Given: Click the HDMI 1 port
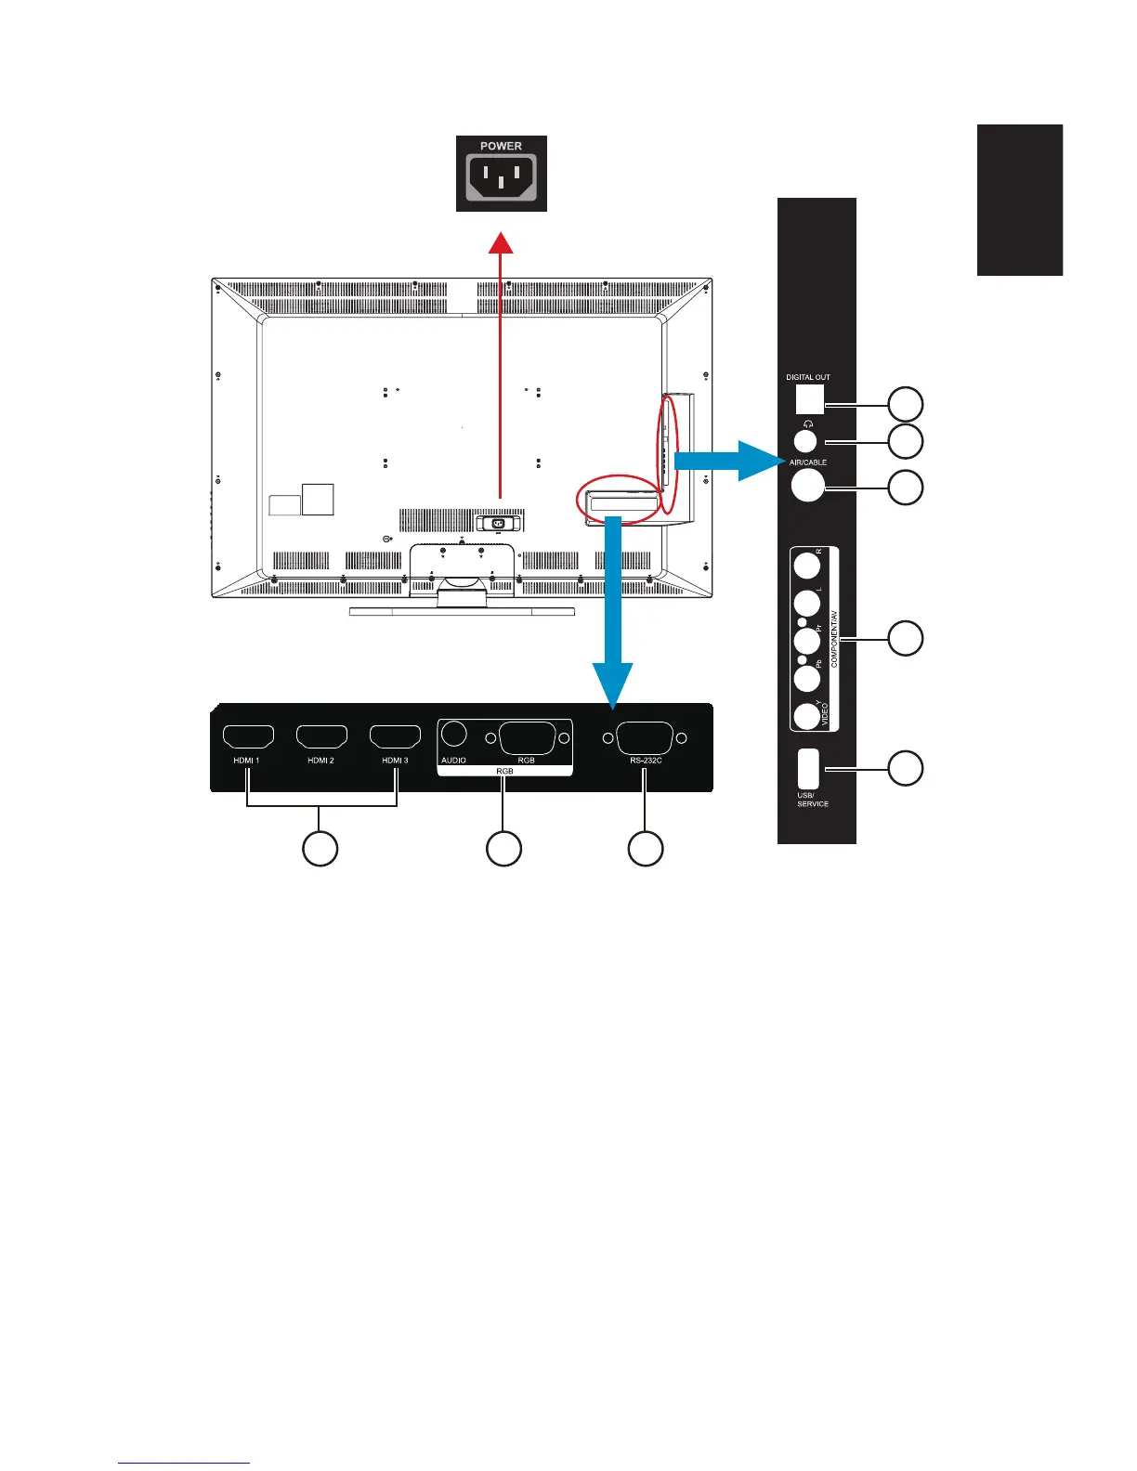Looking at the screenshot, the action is pyautogui.click(x=248, y=737).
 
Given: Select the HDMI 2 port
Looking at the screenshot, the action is pyautogui.click(x=321, y=737).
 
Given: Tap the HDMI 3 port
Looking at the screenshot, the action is pyautogui.click(x=395, y=737).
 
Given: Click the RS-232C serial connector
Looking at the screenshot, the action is pyautogui.click(x=645, y=738).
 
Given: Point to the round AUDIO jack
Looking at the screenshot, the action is pyautogui.click(x=453, y=734).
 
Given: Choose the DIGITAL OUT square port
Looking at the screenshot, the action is pyautogui.click(x=809, y=399).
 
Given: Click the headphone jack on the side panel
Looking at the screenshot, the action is pyautogui.click(x=805, y=440).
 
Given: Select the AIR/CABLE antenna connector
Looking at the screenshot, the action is pyautogui.click(x=807, y=485).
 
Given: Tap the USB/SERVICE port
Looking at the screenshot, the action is pyautogui.click(x=808, y=768).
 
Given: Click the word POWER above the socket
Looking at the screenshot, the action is pyautogui.click(x=501, y=146).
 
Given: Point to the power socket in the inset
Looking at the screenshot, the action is pyautogui.click(x=501, y=177).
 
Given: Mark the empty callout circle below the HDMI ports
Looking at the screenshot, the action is pyautogui.click(x=320, y=849).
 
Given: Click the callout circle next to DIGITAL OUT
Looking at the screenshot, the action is pyautogui.click(x=906, y=405).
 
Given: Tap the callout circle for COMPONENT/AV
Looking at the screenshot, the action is pyautogui.click(x=906, y=639).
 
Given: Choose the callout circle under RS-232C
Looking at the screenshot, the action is pyautogui.click(x=646, y=849).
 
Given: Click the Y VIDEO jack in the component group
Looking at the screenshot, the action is pyautogui.click(x=806, y=716).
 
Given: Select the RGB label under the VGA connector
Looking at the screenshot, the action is pyautogui.click(x=526, y=760).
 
